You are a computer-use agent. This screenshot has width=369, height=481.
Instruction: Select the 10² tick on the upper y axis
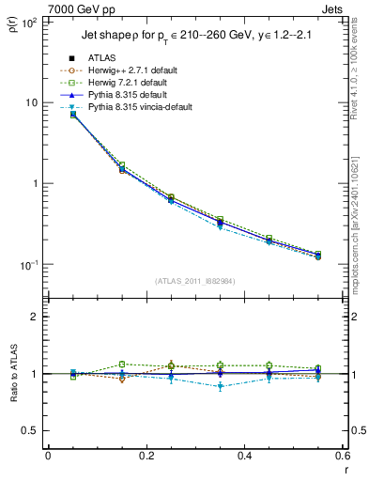point(28,22)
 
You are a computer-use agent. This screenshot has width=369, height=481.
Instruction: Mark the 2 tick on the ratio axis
point(35,317)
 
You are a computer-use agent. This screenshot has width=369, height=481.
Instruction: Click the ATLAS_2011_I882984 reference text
point(193,280)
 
